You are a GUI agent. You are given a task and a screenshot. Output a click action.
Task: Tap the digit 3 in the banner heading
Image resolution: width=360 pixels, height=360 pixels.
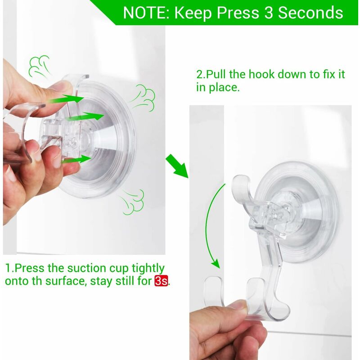269,13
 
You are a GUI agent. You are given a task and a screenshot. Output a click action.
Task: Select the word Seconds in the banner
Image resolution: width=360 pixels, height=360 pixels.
310,13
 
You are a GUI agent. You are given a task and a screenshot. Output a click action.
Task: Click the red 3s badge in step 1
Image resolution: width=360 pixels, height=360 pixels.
161,280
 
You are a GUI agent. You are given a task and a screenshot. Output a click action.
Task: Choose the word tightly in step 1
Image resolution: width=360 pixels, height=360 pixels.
148,269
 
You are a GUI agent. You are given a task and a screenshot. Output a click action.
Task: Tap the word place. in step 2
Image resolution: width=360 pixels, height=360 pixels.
224,88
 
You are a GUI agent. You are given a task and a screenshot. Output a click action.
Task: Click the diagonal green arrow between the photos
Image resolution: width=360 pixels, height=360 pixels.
177,166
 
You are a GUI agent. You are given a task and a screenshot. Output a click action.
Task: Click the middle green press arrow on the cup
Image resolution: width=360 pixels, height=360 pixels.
85,116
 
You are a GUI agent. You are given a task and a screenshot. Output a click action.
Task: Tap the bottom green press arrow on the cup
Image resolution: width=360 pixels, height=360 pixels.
77,159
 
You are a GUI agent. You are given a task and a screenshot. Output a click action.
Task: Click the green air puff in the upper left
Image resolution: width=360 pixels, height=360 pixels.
39,67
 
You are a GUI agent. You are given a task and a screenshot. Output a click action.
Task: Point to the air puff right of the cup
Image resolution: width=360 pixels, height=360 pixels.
143,97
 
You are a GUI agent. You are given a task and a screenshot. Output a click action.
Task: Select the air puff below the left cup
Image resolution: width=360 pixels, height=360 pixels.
132,202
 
